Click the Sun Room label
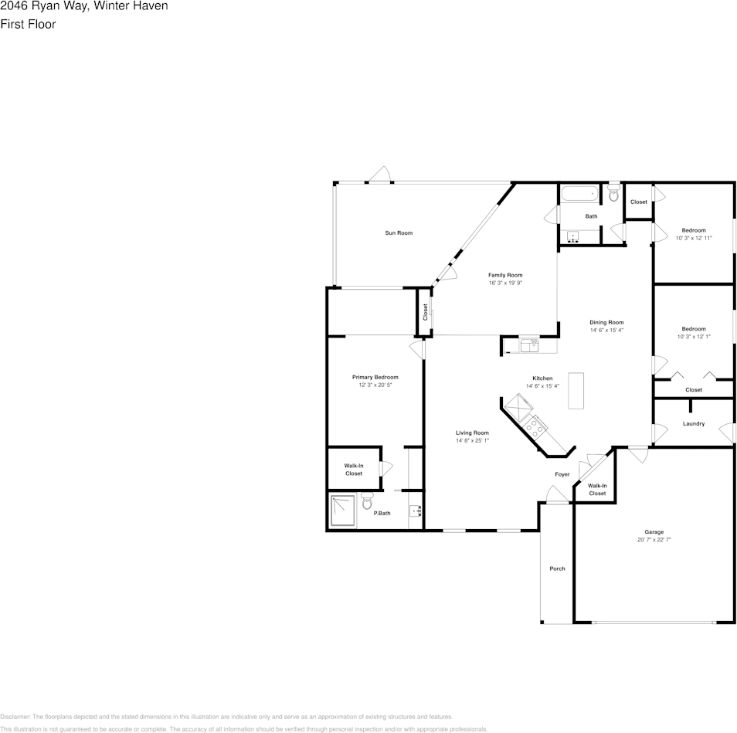coord(399,232)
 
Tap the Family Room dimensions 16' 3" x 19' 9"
coord(505,283)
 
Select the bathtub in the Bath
coord(578,194)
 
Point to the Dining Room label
coord(606,322)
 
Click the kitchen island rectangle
coord(576,390)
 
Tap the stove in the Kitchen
coord(534,426)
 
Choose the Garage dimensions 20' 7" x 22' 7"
coord(654,541)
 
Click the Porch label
coord(557,568)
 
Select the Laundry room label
coord(694,423)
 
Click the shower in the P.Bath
coord(343,511)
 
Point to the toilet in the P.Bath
coord(367,502)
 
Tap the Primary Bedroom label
coord(375,377)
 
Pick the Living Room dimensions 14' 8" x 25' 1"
coord(472,440)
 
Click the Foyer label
coord(562,474)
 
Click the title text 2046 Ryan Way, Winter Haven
coord(84,6)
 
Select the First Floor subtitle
coord(28,24)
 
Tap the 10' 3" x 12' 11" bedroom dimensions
coord(694,238)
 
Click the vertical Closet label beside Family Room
coord(425,312)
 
